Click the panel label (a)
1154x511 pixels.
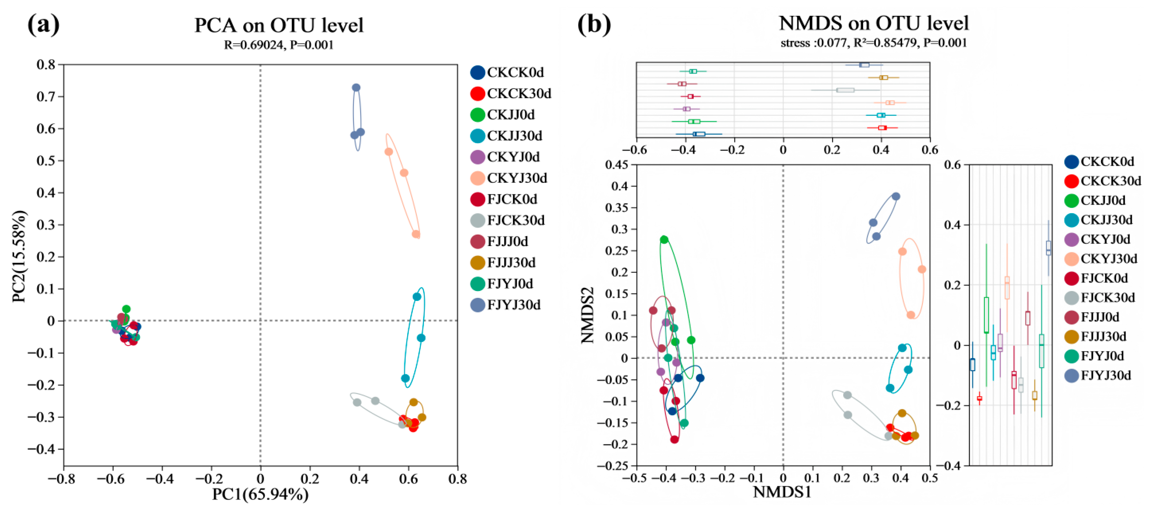(x=43, y=24)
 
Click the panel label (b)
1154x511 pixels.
(x=594, y=24)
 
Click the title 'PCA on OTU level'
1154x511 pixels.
(x=278, y=25)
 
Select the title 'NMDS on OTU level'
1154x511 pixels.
(x=874, y=23)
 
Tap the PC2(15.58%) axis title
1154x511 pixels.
(x=19, y=256)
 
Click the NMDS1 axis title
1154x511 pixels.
(x=782, y=492)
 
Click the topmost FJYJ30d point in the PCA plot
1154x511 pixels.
(x=356, y=87)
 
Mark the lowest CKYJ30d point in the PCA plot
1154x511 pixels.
(x=416, y=234)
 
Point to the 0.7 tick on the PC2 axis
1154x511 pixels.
(x=46, y=96)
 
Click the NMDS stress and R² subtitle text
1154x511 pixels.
(x=874, y=43)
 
